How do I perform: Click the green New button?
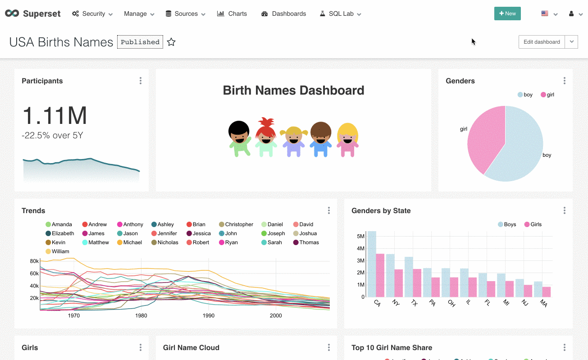pyautogui.click(x=507, y=14)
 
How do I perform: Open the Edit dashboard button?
pyautogui.click(x=542, y=42)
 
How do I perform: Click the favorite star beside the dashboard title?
pyautogui.click(x=171, y=42)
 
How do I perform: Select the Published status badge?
pyautogui.click(x=140, y=42)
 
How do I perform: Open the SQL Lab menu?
pyautogui.click(x=341, y=14)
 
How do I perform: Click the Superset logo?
pyautogui.click(x=33, y=14)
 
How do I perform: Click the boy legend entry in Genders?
pyautogui.click(x=525, y=95)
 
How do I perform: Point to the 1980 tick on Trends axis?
pyautogui.click(x=141, y=315)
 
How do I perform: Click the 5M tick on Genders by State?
pyautogui.click(x=360, y=236)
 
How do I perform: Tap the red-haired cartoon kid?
pyautogui.click(x=266, y=137)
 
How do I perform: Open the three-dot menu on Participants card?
pyautogui.click(x=141, y=81)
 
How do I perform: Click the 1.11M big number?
pyautogui.click(x=55, y=116)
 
